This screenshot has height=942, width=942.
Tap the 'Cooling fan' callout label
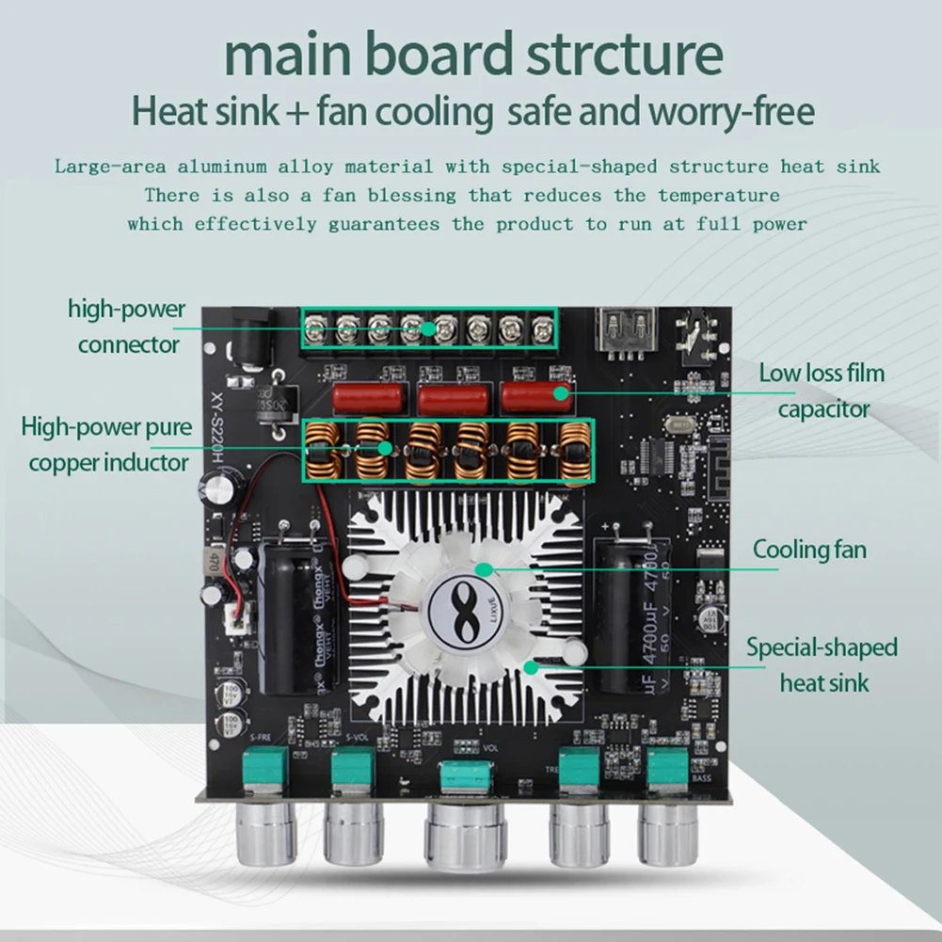click(808, 550)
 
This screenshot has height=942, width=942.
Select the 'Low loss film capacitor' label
click(822, 391)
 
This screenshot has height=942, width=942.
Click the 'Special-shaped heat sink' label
click(822, 664)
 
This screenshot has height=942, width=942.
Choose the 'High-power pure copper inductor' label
click(107, 444)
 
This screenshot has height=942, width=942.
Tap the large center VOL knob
click(466, 833)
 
